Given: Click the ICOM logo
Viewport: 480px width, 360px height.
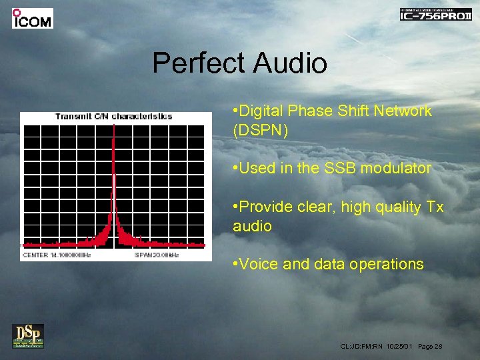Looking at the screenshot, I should coord(32,18).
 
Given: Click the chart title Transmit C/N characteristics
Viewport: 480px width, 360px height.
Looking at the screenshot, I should coord(113,117).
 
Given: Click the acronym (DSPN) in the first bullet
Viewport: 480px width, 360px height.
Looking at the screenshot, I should coord(261,130).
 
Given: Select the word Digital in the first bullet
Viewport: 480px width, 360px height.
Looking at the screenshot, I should coord(263,111).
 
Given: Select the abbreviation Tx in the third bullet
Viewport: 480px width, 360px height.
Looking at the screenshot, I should coord(434,208).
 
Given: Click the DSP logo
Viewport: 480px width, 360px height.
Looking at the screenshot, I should coord(28,335).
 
